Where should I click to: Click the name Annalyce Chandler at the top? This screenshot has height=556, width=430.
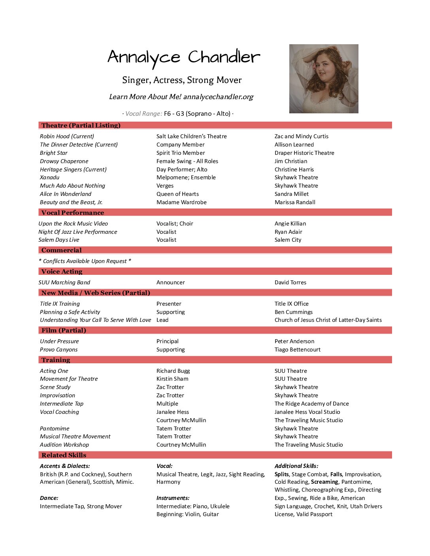pyautogui.click(x=184, y=58)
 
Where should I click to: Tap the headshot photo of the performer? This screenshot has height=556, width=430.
pyautogui.click(x=324, y=79)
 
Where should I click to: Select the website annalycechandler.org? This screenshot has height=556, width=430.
pyautogui.click(x=218, y=97)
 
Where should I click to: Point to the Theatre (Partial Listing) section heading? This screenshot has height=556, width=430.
pyautogui.click(x=81, y=126)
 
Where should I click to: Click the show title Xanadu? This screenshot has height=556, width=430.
pyautogui.click(x=50, y=178)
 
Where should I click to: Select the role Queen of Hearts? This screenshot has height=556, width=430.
pyautogui.click(x=177, y=194)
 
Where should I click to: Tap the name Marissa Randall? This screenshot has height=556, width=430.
pyautogui.click(x=295, y=202)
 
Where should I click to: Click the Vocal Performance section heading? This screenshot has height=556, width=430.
pyautogui.click(x=73, y=213)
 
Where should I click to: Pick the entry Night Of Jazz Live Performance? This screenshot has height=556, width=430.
pyautogui.click(x=78, y=232)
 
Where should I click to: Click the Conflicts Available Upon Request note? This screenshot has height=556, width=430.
pyautogui.click(x=85, y=261)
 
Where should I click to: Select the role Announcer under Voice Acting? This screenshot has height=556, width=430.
pyautogui.click(x=170, y=282)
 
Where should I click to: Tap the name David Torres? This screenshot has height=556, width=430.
pyautogui.click(x=290, y=282)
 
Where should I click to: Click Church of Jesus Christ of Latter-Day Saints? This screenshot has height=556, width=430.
pyautogui.click(x=328, y=320)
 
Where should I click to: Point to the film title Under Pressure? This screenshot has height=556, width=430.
pyautogui.click(x=59, y=341)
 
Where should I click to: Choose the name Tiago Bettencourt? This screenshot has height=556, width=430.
pyautogui.click(x=297, y=349)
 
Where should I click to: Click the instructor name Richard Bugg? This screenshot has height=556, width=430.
pyautogui.click(x=173, y=371)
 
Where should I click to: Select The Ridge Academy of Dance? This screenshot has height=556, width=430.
pyautogui.click(x=311, y=404)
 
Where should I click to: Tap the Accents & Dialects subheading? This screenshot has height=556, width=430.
pyautogui.click(x=65, y=466)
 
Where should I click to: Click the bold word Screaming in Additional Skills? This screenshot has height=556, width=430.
pyautogui.click(x=324, y=482)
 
